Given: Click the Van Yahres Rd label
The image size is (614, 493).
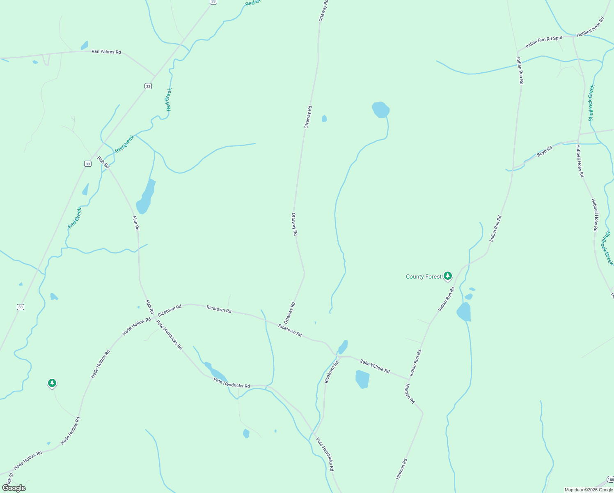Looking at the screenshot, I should [106, 52].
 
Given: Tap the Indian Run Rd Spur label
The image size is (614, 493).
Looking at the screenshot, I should [544, 41].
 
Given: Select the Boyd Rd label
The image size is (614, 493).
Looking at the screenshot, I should [545, 152].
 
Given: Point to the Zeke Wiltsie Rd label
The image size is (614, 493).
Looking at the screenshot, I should [375, 366].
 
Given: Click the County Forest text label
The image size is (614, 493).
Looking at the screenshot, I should [424, 277].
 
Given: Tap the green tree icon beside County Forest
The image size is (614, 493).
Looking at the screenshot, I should [448, 276].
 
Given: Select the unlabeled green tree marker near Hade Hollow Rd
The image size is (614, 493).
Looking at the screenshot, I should [52, 383].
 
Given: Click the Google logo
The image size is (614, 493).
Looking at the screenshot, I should [14, 488].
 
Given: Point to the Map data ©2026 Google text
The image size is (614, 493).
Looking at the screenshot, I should [589, 490].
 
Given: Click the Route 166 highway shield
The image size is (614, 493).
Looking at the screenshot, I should [610, 479].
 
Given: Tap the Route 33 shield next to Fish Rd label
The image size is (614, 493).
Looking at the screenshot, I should [87, 164].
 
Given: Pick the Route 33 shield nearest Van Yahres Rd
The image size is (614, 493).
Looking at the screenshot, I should [148, 86].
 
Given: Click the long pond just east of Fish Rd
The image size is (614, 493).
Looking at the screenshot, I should [146, 197].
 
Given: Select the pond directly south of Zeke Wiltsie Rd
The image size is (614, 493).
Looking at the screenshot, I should [362, 379].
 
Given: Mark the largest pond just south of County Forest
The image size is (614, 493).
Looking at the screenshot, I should [464, 312].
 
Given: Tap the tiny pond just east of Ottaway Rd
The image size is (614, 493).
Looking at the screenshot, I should [324, 119].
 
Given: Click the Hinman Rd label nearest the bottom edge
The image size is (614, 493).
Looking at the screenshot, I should [402, 469].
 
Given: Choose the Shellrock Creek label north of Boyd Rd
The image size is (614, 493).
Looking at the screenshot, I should [591, 103].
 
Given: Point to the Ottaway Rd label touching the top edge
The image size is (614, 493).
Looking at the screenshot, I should [323, 11].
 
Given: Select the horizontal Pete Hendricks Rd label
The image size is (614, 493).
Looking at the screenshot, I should [231, 383].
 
